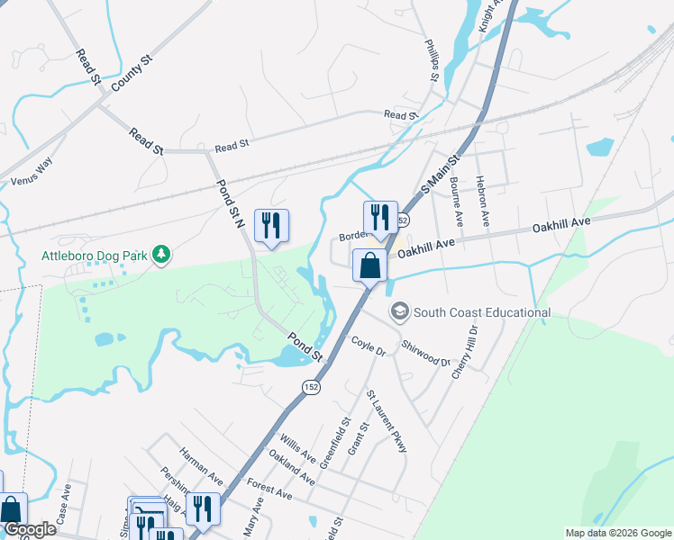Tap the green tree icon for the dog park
pos(161,256)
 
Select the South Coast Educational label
pos(481,312)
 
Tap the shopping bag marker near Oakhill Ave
pos(369,266)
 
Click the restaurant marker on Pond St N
pos(271,225)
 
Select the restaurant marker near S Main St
pos(380,218)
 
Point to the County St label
pos(132,71)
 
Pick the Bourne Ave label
pos(457,200)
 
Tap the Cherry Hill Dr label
pos(469,352)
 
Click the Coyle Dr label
pos(368,346)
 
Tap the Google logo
pos(30,530)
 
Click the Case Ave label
pos(64,505)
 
